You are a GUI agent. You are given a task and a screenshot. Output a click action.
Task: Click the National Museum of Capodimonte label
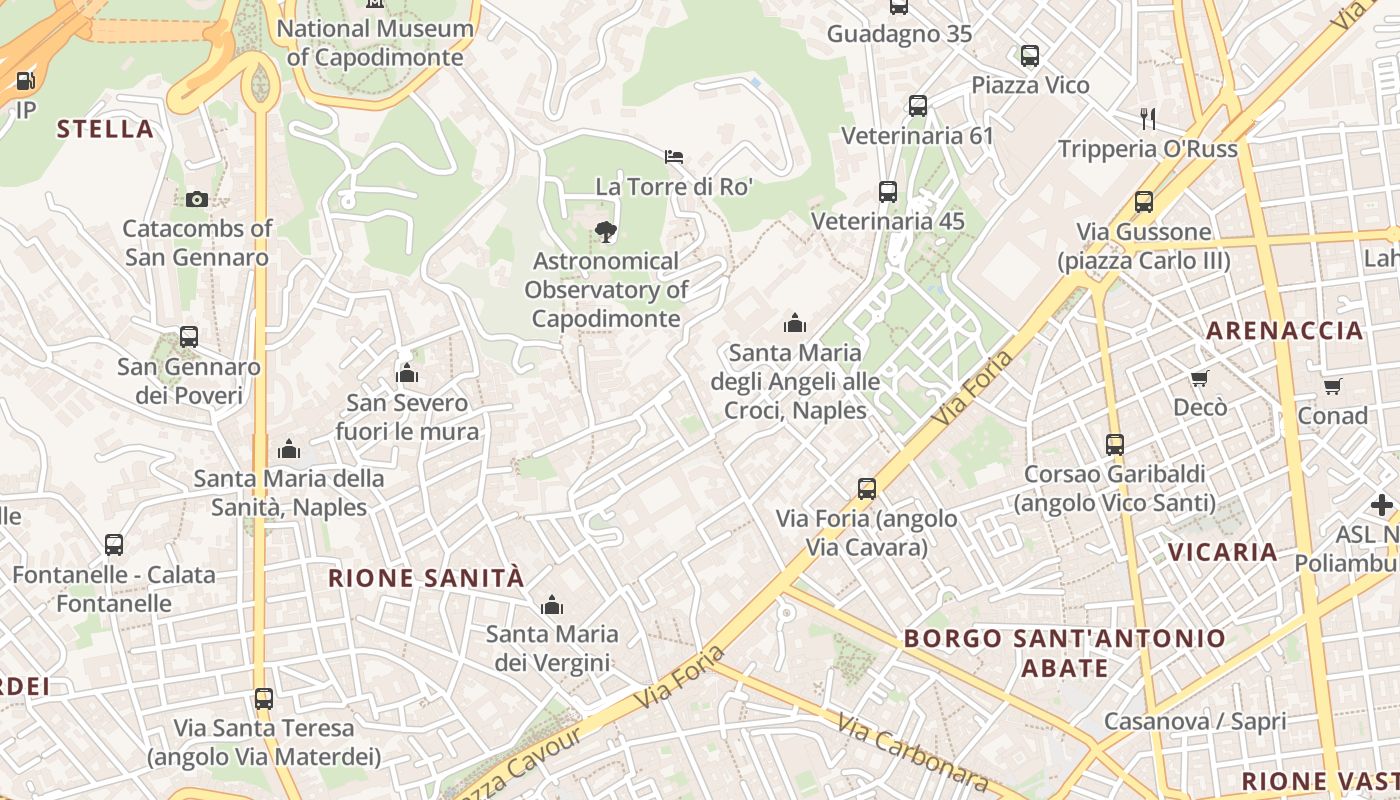(x=375, y=43)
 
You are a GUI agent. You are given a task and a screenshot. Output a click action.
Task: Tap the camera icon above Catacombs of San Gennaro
(x=196, y=199)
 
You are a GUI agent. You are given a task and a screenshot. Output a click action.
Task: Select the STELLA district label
(x=105, y=129)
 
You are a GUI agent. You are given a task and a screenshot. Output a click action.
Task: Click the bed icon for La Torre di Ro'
(x=674, y=156)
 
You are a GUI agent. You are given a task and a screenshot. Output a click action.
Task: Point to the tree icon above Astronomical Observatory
(x=605, y=232)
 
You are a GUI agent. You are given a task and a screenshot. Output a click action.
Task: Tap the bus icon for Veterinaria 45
(x=887, y=192)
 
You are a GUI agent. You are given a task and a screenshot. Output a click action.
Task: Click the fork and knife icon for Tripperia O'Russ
(x=1148, y=119)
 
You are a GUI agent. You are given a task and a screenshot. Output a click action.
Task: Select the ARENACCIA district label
(x=1284, y=331)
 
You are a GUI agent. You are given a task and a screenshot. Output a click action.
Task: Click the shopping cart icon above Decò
(x=1199, y=378)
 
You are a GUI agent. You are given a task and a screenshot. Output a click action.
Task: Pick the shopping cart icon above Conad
(x=1332, y=386)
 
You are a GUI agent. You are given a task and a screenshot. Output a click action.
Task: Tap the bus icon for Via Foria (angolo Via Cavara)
(x=867, y=489)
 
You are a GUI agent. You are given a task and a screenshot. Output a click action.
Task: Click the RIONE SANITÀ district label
(x=426, y=578)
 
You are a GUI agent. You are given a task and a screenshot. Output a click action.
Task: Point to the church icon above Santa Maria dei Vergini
(x=551, y=605)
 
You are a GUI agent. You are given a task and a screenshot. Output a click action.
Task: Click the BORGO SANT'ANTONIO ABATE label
(x=1064, y=653)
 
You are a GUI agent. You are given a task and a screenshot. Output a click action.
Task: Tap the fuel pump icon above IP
(x=25, y=80)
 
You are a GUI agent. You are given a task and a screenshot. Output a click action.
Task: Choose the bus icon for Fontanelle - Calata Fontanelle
(x=114, y=545)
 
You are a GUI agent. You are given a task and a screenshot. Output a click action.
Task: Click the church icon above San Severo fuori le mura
(x=406, y=374)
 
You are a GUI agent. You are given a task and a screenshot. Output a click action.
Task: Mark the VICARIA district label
(x=1223, y=552)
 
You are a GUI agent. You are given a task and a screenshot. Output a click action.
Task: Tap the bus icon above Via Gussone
(x=1144, y=202)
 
